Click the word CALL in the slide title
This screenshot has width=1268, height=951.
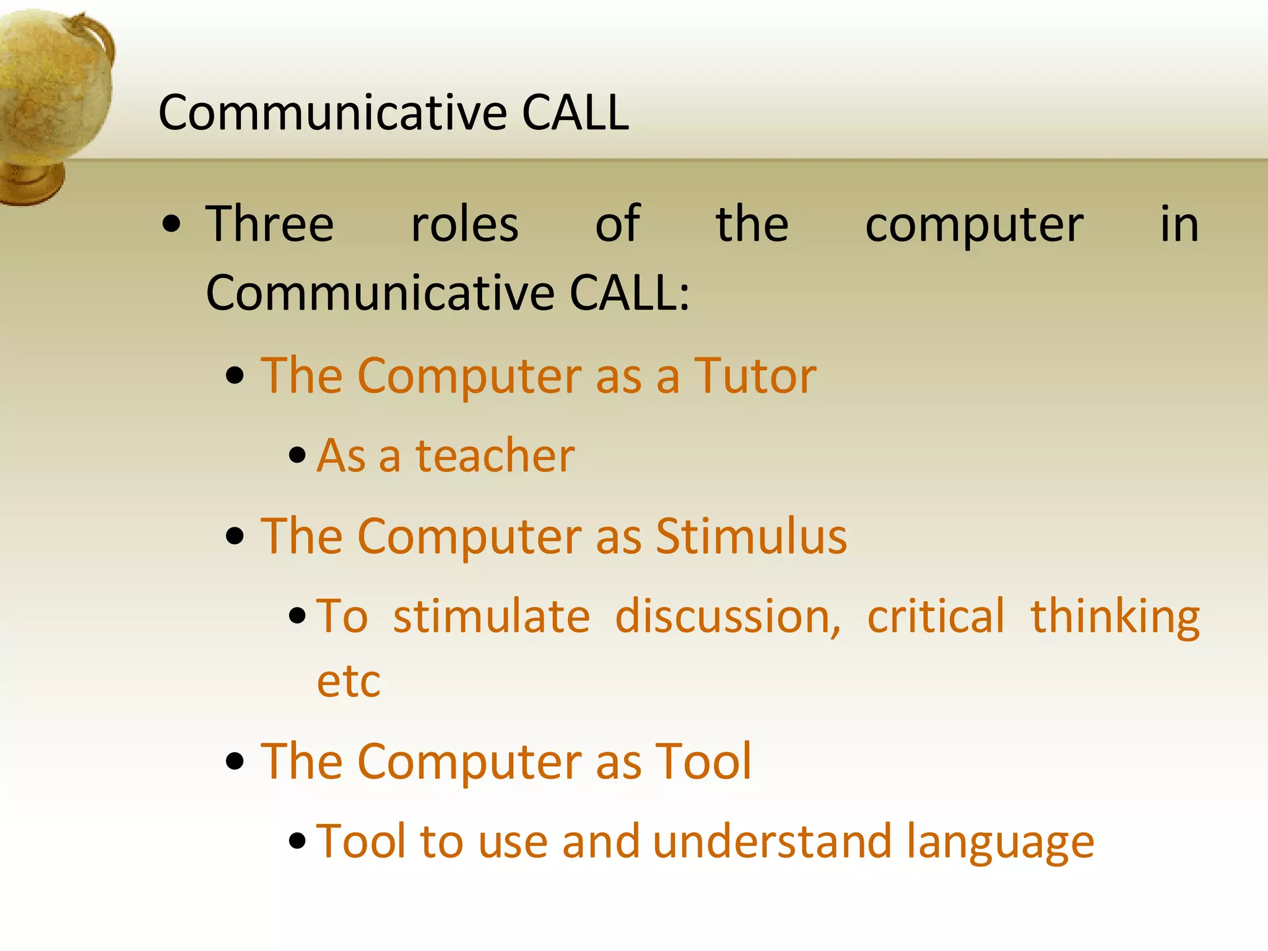point(575,113)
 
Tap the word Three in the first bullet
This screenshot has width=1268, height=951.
point(270,224)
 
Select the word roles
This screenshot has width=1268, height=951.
point(465,224)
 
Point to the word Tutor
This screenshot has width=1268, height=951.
point(755,376)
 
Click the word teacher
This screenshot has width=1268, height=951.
point(495,456)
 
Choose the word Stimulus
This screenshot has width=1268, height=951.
point(751,536)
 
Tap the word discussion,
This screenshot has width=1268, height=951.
point(728,617)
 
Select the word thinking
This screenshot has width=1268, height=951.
point(1115,618)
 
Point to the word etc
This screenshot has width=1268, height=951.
point(349,682)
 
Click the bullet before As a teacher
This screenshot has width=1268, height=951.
point(298,456)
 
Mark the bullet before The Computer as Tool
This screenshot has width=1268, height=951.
point(235,762)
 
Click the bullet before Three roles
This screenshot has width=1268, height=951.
point(171,225)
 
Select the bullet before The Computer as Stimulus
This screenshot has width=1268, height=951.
point(235,536)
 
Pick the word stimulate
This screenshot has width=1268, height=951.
point(492,617)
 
